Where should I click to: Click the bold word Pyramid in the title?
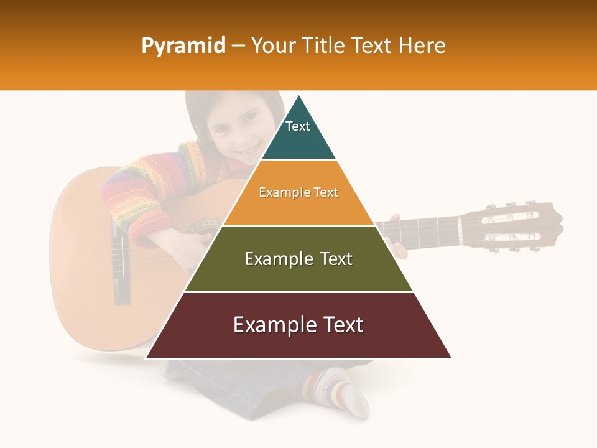(x=183, y=46)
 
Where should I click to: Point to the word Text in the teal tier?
(x=298, y=126)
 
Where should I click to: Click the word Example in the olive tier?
(x=272, y=259)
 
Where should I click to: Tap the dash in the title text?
(x=238, y=46)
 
